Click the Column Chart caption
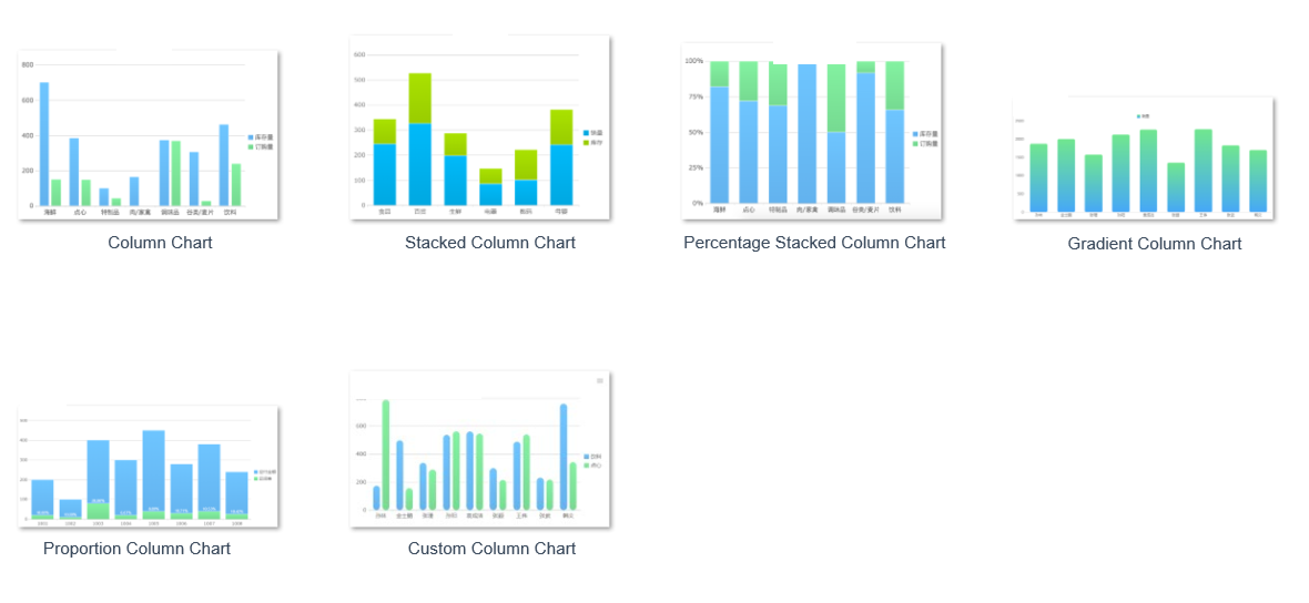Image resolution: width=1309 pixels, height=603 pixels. click(160, 243)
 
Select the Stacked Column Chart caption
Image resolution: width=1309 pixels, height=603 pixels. click(490, 243)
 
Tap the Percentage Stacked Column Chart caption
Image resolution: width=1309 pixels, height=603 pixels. click(814, 243)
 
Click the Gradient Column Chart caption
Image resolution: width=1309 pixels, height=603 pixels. click(1154, 244)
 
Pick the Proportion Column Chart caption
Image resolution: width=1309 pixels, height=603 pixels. click(136, 549)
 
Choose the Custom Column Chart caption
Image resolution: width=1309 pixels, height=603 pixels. click(491, 549)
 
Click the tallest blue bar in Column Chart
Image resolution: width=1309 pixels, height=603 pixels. click(44, 144)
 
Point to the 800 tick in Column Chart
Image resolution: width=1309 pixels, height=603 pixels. click(27, 65)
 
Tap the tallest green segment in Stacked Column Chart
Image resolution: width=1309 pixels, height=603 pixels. click(420, 98)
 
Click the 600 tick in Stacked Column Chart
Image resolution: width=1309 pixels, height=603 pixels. click(359, 55)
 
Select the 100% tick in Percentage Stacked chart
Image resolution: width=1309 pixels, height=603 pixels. click(694, 61)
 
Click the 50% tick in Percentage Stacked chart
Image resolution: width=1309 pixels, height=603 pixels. click(695, 132)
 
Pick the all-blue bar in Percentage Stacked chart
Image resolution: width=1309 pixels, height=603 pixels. click(807, 133)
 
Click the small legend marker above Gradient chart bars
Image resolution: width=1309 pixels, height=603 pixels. click(1139, 116)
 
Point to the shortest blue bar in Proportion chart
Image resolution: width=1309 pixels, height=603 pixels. click(70, 508)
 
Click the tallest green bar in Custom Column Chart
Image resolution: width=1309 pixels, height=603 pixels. click(385, 454)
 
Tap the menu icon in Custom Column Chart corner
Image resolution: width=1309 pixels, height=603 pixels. click(600, 381)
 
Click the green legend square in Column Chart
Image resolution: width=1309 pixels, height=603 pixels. click(251, 147)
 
